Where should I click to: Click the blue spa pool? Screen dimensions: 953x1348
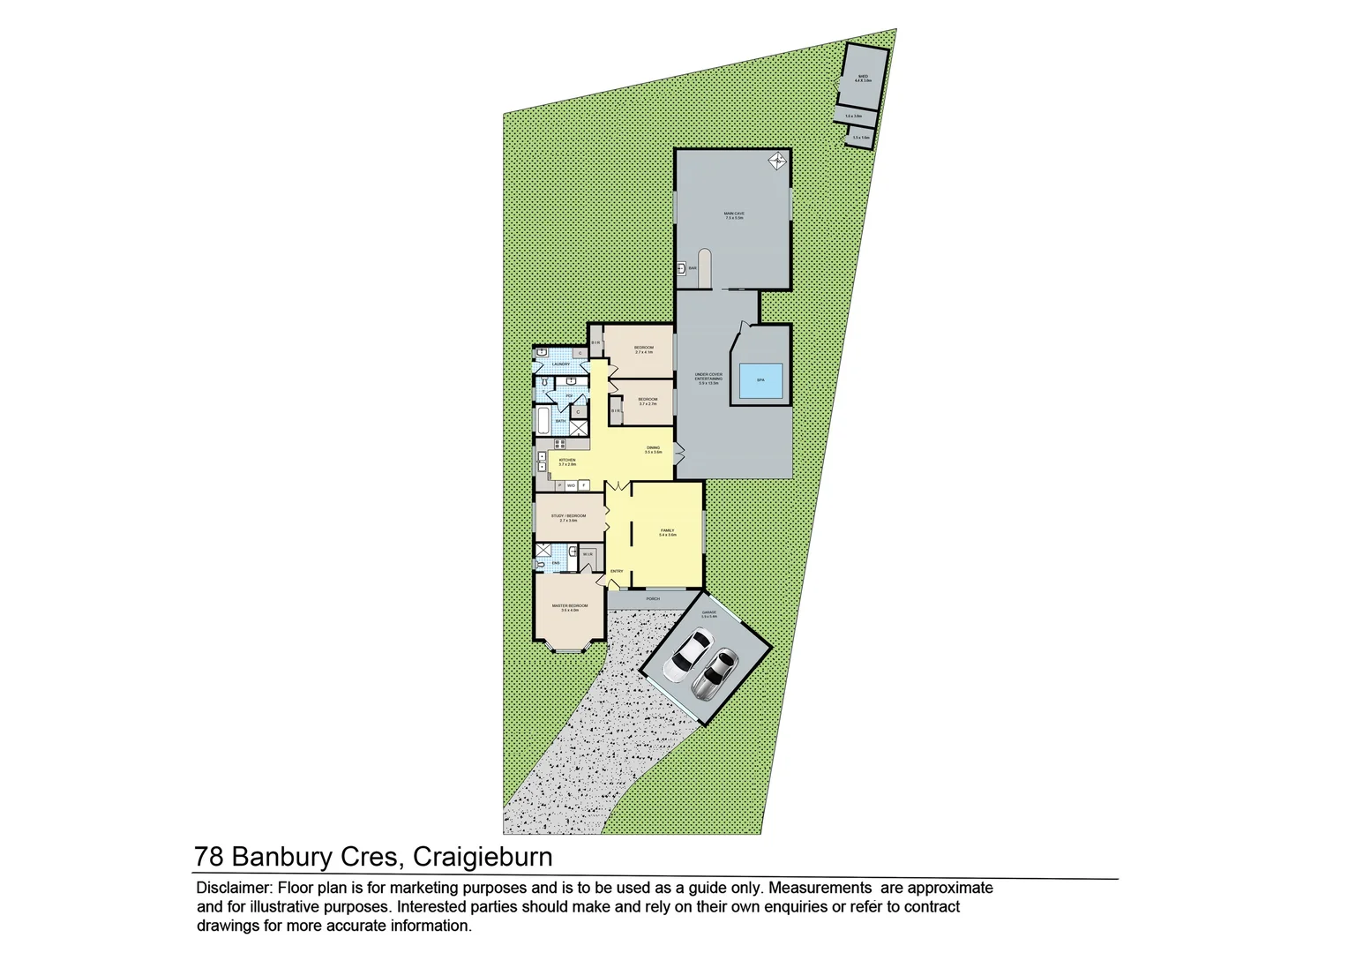coord(760,379)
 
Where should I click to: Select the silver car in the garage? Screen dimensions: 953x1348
coord(714,673)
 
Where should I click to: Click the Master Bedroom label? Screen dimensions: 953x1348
coord(569,607)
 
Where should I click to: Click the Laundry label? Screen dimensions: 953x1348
coord(560,364)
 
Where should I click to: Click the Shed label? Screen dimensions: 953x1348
coord(862,78)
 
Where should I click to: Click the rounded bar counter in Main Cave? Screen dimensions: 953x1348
coord(703,266)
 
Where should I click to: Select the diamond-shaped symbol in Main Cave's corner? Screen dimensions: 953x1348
coord(777,161)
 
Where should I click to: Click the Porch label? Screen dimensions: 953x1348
coord(653,599)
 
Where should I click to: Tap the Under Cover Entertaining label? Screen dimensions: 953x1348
coord(708,378)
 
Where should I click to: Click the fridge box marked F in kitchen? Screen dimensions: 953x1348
coord(583,484)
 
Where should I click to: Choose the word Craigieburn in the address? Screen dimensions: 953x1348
coord(483,857)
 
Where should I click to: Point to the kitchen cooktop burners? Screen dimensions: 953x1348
coord(559,444)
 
